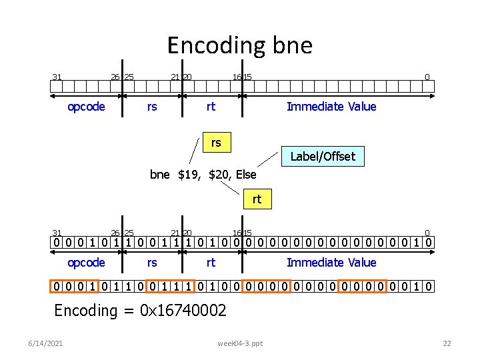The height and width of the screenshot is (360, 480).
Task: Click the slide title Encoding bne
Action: point(239,45)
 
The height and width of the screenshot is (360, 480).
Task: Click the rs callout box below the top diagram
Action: point(216,142)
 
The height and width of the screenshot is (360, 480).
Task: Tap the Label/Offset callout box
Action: point(323,157)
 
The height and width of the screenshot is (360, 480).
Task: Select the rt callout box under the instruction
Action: point(257,199)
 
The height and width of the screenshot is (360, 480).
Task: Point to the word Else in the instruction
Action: point(245,175)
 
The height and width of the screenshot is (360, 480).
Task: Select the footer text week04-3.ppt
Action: point(240,343)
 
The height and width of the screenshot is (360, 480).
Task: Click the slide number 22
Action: point(447,343)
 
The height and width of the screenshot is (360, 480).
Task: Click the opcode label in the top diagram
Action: point(87,107)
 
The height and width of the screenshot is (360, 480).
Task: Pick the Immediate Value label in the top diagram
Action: point(331,107)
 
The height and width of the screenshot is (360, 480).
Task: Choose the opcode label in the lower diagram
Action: point(87,263)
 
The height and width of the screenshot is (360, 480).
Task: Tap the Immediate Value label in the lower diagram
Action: point(331,263)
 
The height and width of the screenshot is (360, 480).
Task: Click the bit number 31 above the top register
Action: point(57,77)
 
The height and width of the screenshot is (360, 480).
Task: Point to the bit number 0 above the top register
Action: point(427,77)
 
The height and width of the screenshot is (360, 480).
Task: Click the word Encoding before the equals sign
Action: point(85,310)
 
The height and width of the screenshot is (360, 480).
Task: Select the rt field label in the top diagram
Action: point(211,107)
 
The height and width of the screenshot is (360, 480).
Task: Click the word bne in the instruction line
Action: point(160,175)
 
